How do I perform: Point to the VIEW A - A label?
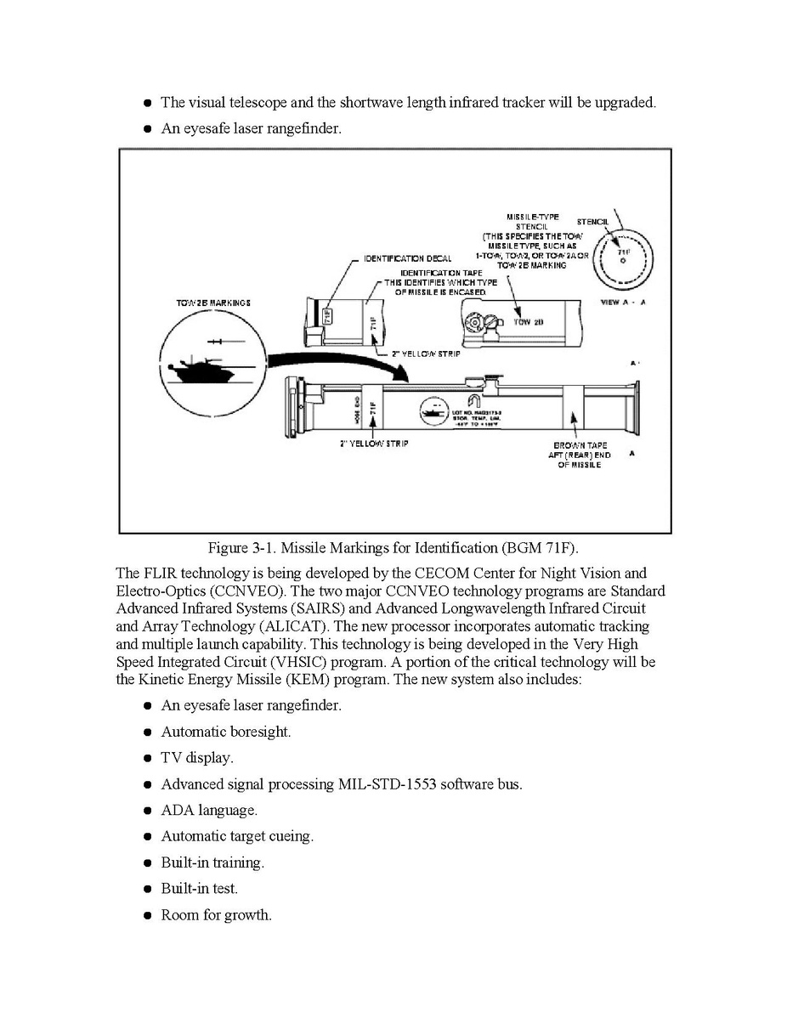tap(623, 303)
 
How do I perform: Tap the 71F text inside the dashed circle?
tap(622, 252)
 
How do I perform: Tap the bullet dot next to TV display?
tap(148, 758)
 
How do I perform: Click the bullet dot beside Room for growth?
tap(148, 916)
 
